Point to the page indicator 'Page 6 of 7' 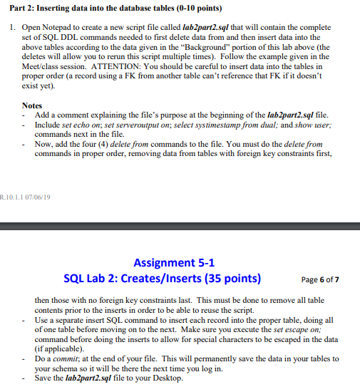click(x=320, y=279)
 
